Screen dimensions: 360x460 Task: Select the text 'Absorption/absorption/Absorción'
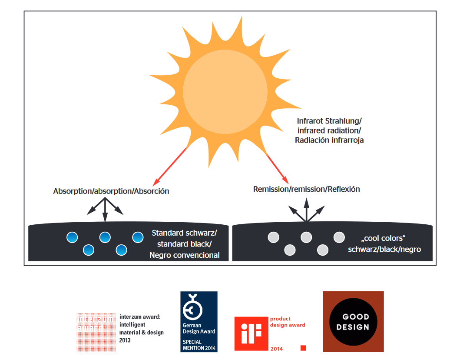(x=111, y=191)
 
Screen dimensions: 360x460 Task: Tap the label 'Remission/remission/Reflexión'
(x=307, y=189)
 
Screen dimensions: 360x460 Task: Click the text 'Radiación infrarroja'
(x=329, y=140)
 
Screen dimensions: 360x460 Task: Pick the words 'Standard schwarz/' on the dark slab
(x=184, y=233)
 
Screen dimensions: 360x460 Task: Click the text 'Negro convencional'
(x=185, y=255)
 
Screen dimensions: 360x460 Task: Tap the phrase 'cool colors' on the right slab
(x=383, y=239)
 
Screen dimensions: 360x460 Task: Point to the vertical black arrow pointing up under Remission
(x=306, y=210)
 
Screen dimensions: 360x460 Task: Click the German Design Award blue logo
(x=199, y=321)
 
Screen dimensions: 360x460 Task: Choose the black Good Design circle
(x=353, y=322)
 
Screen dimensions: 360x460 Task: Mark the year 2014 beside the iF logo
(x=276, y=349)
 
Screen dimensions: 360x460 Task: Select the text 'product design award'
(x=288, y=322)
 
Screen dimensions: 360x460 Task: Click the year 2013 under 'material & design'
(x=125, y=340)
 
